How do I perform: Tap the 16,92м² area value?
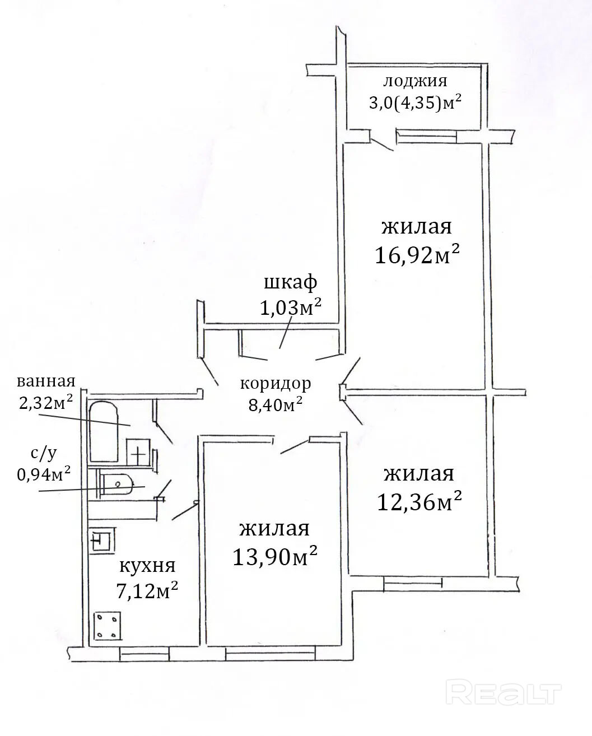click(417, 255)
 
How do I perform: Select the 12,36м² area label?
click(419, 502)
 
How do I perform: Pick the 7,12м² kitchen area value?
click(147, 590)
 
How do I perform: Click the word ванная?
click(46, 381)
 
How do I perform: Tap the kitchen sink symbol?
click(101, 541)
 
